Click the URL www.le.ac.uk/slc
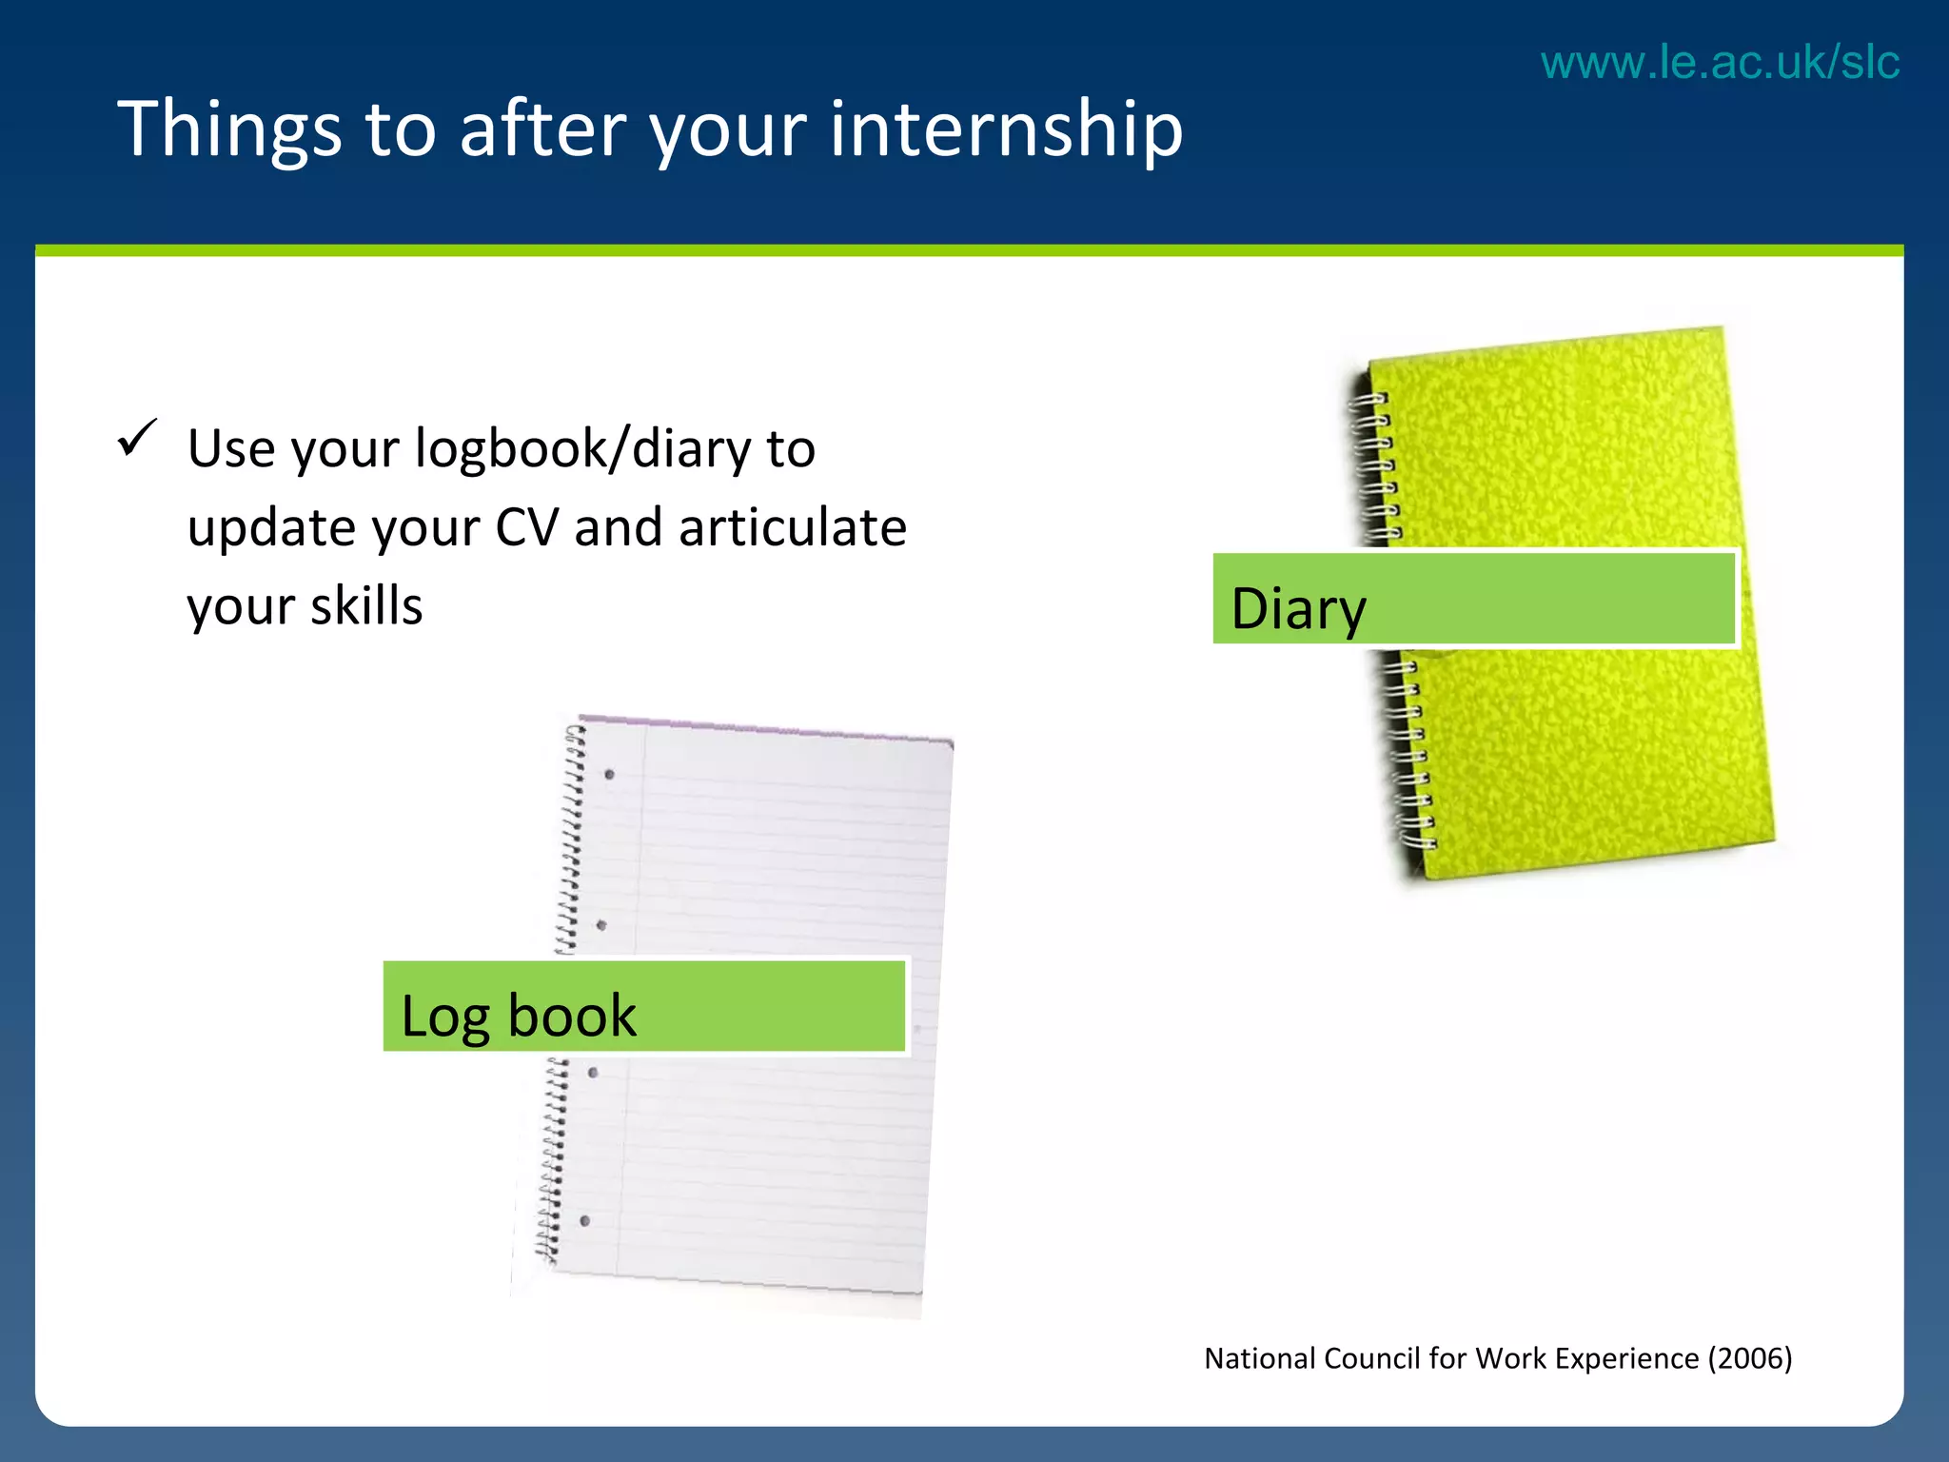(1720, 63)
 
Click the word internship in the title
(1006, 128)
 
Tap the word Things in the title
(228, 128)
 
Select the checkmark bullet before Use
(136, 439)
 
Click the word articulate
(792, 527)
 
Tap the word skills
(366, 606)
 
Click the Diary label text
(1298, 609)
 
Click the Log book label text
(519, 1016)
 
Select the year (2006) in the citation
(1750, 1358)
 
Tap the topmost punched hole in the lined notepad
(609, 775)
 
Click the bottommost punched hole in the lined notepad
(584, 1220)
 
